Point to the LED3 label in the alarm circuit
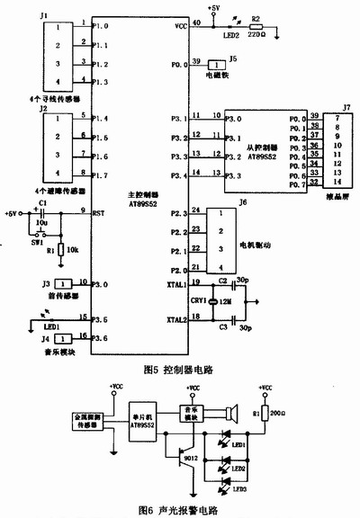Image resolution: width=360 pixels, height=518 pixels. coord(238,488)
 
